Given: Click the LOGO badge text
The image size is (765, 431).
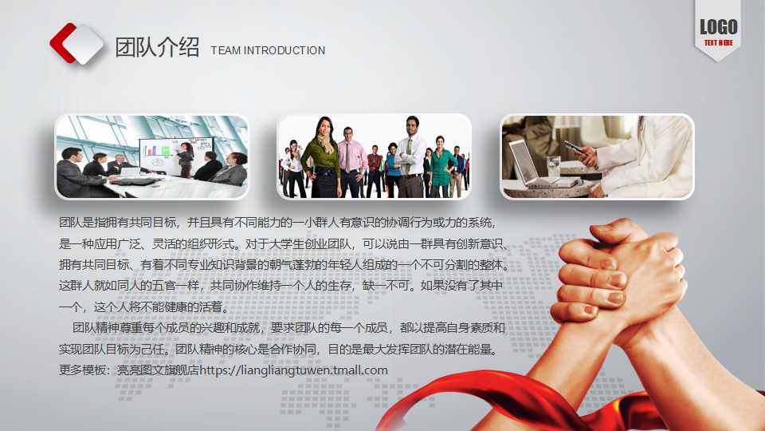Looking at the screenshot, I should [718, 27].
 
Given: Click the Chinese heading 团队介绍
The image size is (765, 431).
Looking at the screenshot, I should [157, 48].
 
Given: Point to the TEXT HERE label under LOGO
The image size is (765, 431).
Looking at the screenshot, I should [718, 42].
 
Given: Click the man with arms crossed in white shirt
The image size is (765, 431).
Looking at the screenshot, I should [411, 156].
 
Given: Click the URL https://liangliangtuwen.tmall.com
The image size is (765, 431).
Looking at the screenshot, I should [294, 370].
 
